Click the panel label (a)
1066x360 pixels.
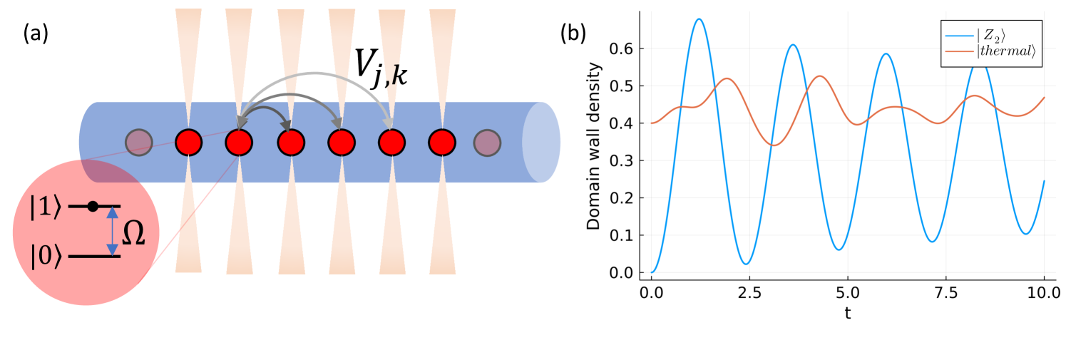tap(35, 34)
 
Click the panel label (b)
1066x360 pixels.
tap(575, 34)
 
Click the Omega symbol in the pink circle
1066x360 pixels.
tap(133, 233)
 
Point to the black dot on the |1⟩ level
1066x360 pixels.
tap(92, 207)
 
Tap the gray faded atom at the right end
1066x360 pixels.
tap(488, 142)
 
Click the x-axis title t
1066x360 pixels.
tap(847, 312)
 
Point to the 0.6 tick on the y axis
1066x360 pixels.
tap(625, 48)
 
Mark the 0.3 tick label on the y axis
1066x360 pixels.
tap(625, 160)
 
